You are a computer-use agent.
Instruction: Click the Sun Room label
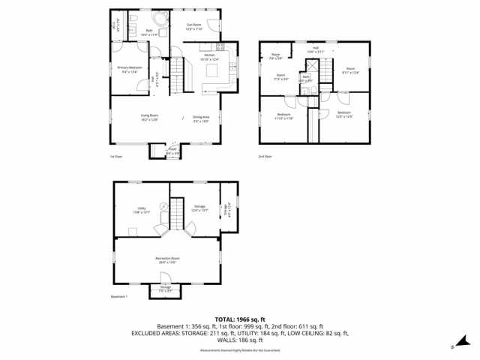(193, 25)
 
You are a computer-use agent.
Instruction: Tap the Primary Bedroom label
(130, 69)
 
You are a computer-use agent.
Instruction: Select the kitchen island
(212, 70)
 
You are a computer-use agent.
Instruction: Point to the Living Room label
(149, 117)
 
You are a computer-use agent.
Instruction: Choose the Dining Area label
(201, 117)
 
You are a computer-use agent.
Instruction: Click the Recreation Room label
(167, 259)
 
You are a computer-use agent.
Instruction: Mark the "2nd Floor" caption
(265, 157)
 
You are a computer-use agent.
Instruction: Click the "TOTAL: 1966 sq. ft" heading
(239, 319)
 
